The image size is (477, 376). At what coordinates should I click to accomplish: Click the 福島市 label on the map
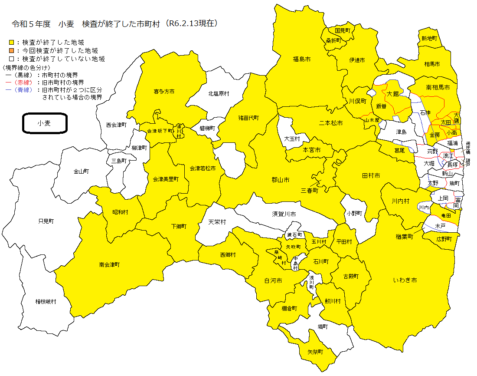[x=301, y=58]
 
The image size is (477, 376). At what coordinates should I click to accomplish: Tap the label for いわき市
[x=405, y=280]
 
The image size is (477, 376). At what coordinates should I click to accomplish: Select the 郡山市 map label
[x=280, y=180]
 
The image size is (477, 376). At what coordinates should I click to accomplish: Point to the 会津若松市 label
[x=203, y=168]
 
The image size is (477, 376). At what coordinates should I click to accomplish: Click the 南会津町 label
[x=109, y=264]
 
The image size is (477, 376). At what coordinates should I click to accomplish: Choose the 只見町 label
[x=46, y=221]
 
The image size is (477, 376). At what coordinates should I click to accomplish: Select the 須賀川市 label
[x=284, y=214]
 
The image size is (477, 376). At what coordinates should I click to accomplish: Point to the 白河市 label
[x=273, y=280]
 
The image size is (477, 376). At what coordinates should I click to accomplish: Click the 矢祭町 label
[x=315, y=352]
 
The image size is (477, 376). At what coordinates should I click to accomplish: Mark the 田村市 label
[x=371, y=175]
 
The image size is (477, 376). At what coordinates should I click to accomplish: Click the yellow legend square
[x=11, y=43]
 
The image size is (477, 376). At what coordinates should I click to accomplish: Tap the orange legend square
[x=11, y=51]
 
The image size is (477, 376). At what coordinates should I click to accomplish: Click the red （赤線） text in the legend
[x=21, y=82]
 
